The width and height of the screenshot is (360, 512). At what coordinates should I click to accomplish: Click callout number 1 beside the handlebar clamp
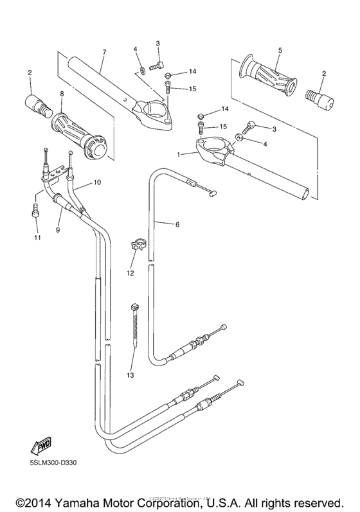(177, 154)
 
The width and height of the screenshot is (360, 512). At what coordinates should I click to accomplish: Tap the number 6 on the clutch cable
(177, 224)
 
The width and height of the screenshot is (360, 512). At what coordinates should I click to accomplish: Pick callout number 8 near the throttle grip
(61, 94)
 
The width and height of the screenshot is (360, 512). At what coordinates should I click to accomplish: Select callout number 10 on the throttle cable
(98, 182)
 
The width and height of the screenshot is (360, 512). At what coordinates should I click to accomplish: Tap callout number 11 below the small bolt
(37, 238)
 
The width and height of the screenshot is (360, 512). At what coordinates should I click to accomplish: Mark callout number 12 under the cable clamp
(131, 272)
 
